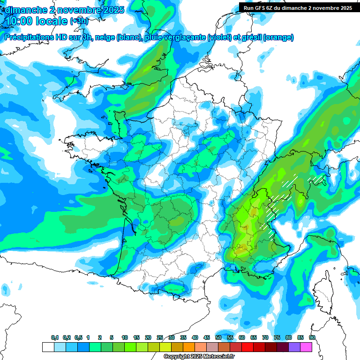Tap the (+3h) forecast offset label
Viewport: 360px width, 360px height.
click(x=79, y=21)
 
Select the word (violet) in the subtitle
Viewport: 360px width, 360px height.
click(x=219, y=37)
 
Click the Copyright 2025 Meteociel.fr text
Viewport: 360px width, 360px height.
click(x=199, y=357)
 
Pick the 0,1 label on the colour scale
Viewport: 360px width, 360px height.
click(x=55, y=338)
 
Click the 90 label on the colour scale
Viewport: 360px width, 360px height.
click(x=312, y=338)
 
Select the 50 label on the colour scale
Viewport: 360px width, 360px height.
click(x=218, y=338)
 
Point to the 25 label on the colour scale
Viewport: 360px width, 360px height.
click(x=160, y=338)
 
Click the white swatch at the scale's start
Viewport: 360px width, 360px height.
click(x=48, y=347)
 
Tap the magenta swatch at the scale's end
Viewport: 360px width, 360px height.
click(x=306, y=347)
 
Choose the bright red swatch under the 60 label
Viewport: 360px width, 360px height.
click(x=247, y=347)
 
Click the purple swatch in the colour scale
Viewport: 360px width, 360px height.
click(x=294, y=347)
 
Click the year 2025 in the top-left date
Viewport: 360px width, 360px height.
click(x=112, y=10)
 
